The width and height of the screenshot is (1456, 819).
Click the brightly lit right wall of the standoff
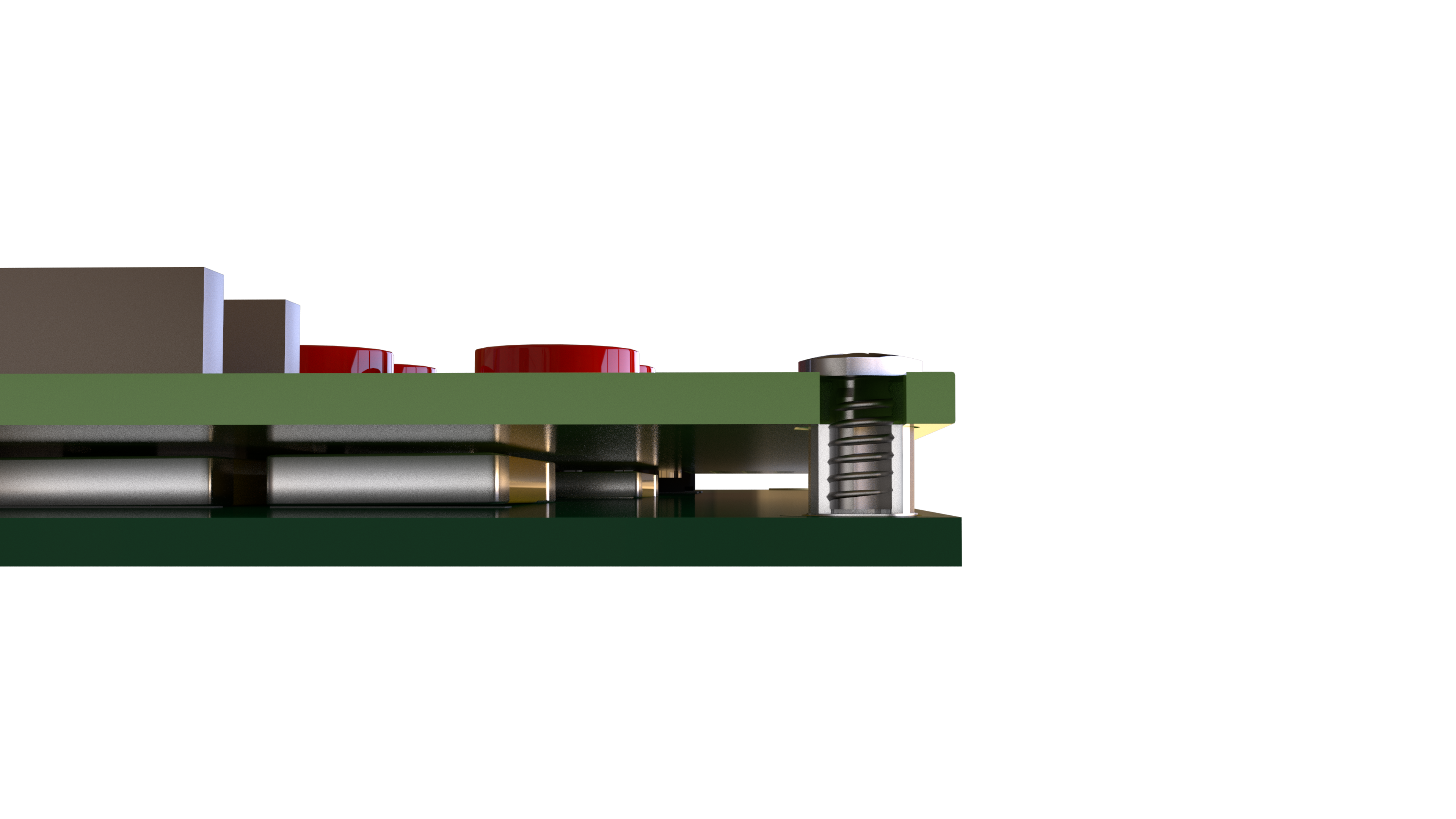[903, 469]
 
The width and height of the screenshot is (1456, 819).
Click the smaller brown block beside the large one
[254, 336]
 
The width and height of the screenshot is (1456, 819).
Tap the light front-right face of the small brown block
[292, 337]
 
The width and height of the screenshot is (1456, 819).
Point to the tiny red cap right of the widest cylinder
[647, 369]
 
